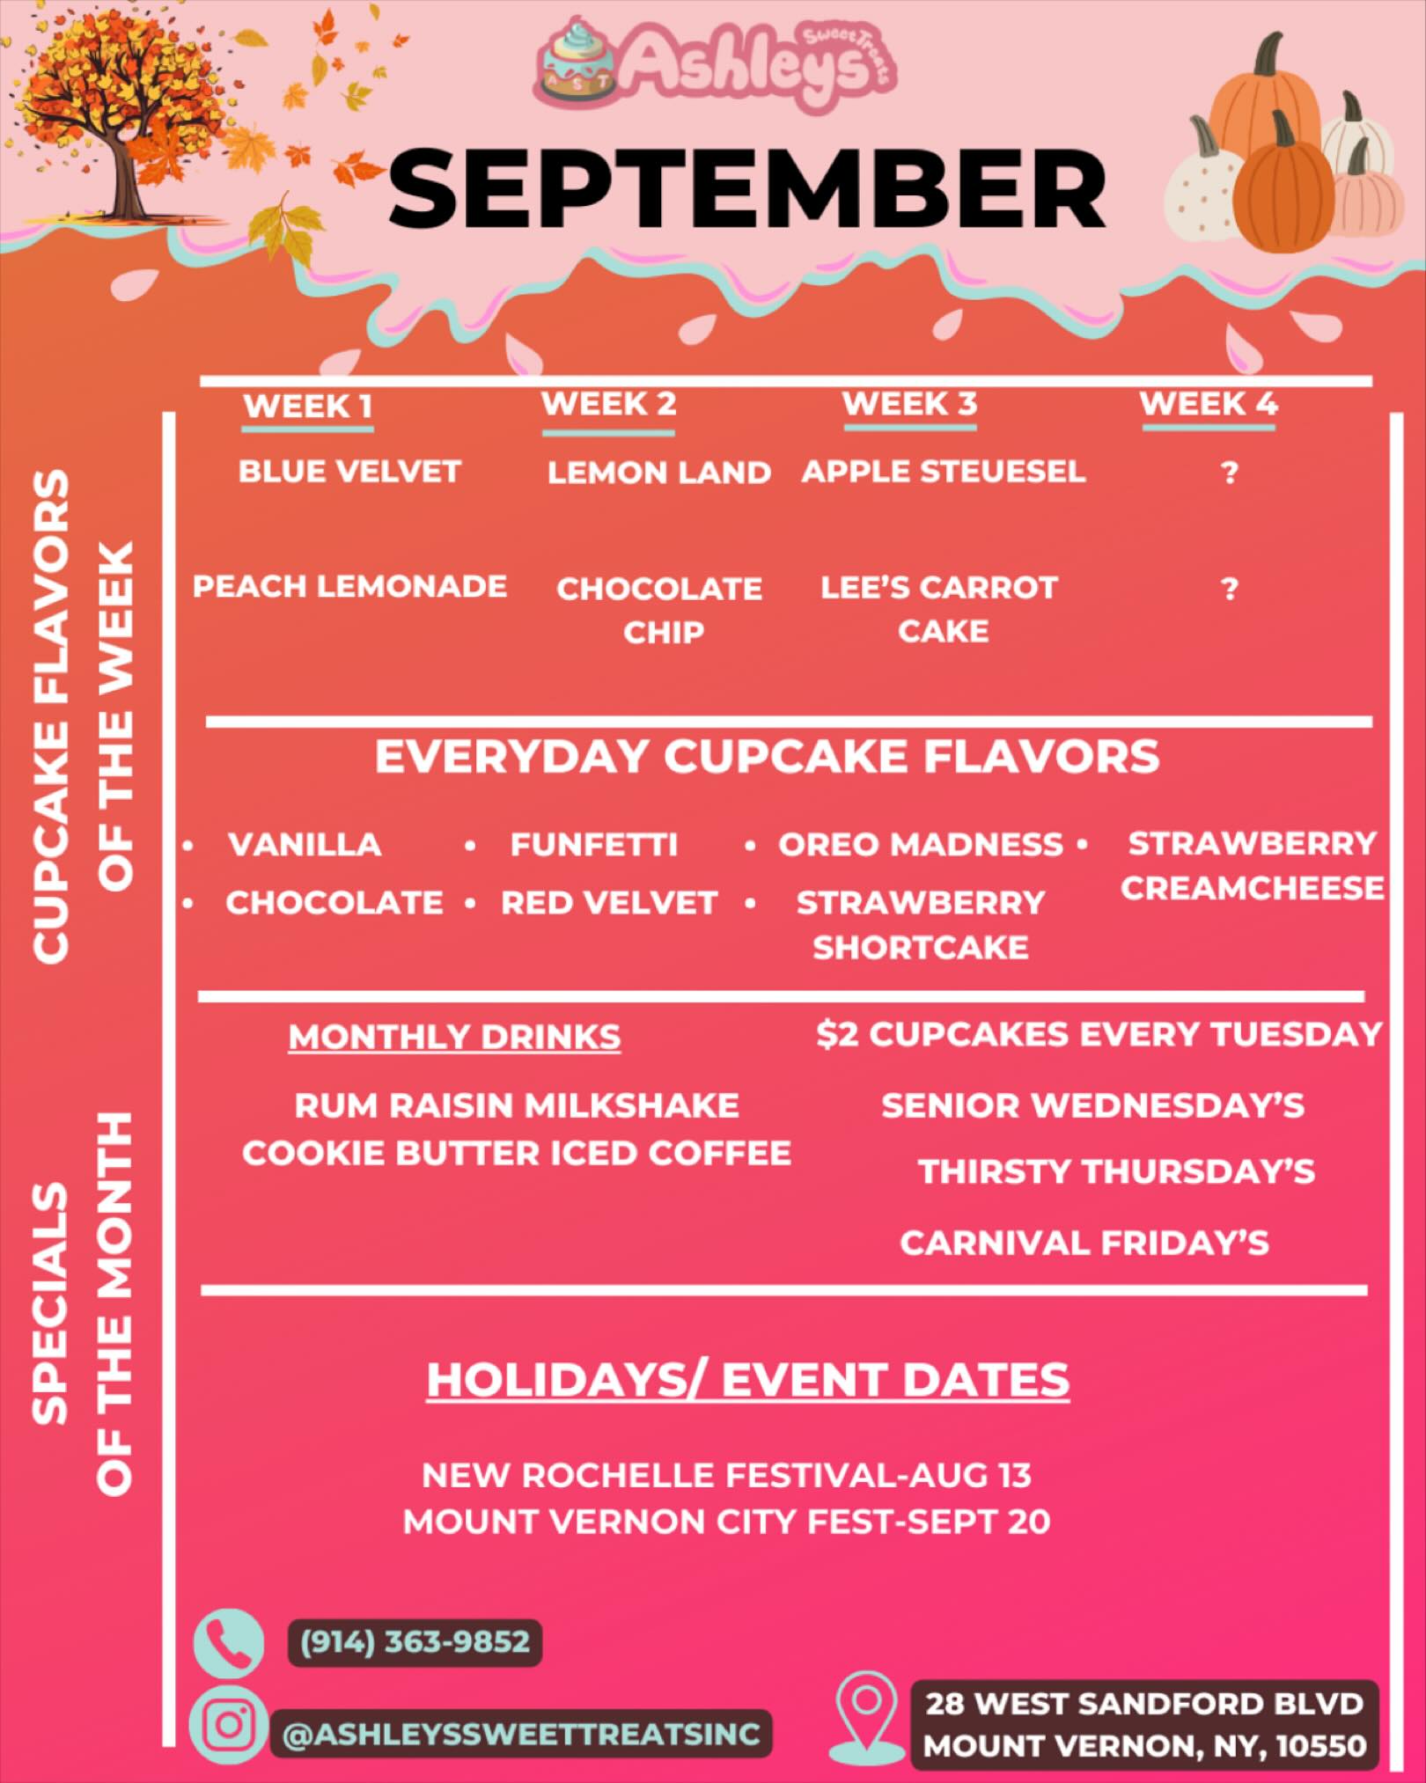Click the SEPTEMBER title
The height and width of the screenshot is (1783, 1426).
[746, 188]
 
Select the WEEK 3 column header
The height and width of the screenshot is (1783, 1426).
[910, 405]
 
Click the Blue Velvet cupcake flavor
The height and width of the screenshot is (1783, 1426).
[349, 472]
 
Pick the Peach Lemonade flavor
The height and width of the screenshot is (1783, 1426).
[349, 586]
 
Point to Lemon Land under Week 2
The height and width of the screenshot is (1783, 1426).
[658, 473]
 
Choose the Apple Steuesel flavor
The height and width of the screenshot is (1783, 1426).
[943, 472]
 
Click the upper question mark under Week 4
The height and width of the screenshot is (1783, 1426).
[1230, 473]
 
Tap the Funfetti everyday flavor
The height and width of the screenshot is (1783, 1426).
[594, 845]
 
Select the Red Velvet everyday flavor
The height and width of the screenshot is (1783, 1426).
[609, 903]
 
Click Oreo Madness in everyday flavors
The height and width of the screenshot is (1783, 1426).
[921, 845]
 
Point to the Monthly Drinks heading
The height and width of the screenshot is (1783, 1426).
[454, 1037]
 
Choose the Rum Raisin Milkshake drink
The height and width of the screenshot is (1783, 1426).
[517, 1105]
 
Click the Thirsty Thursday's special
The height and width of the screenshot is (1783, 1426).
[1116, 1172]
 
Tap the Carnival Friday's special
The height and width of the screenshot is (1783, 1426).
[1084, 1243]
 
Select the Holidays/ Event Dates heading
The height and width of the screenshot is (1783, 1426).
[748, 1380]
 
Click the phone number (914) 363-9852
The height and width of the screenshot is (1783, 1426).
[415, 1642]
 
